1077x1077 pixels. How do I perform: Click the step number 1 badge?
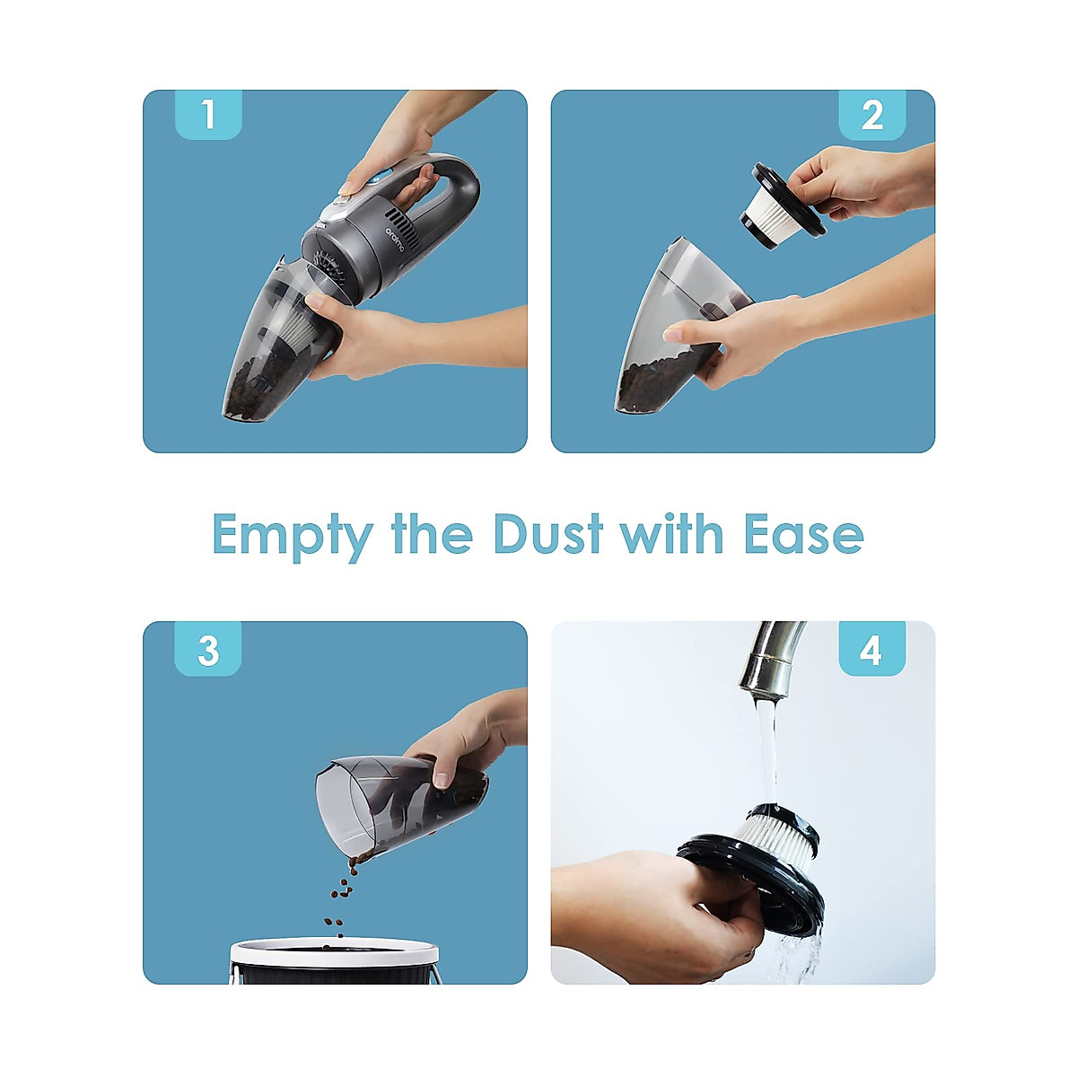[208, 115]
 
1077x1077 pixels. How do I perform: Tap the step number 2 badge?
[871, 115]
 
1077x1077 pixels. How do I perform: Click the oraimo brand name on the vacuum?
[392, 243]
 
